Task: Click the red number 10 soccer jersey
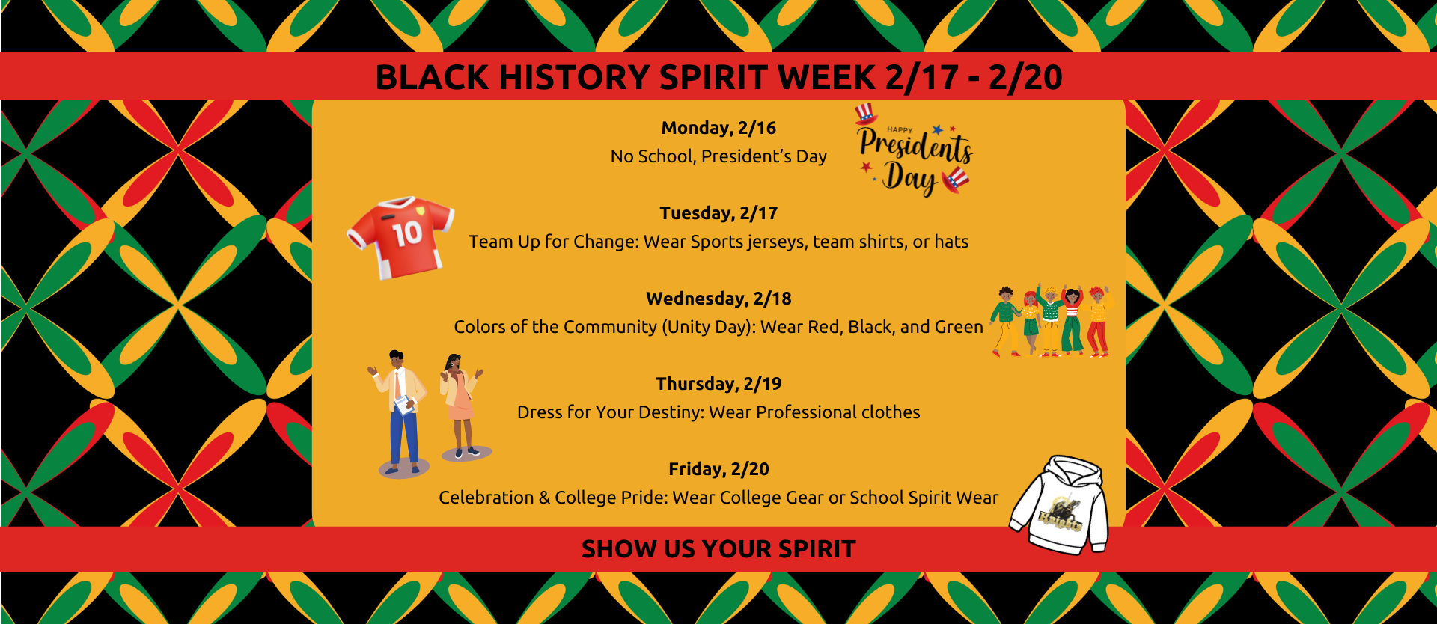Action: (x=401, y=237)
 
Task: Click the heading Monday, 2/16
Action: (x=718, y=128)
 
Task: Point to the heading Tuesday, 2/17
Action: (x=718, y=213)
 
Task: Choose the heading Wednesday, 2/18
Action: (x=718, y=299)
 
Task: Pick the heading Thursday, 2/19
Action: (x=718, y=384)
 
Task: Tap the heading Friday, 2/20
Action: (x=718, y=469)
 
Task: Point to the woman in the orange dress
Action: (x=461, y=404)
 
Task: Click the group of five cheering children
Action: (x=1051, y=321)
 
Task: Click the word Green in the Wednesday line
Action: (x=959, y=327)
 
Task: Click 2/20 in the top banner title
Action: (x=1025, y=77)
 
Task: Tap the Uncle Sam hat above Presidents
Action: (x=866, y=113)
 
